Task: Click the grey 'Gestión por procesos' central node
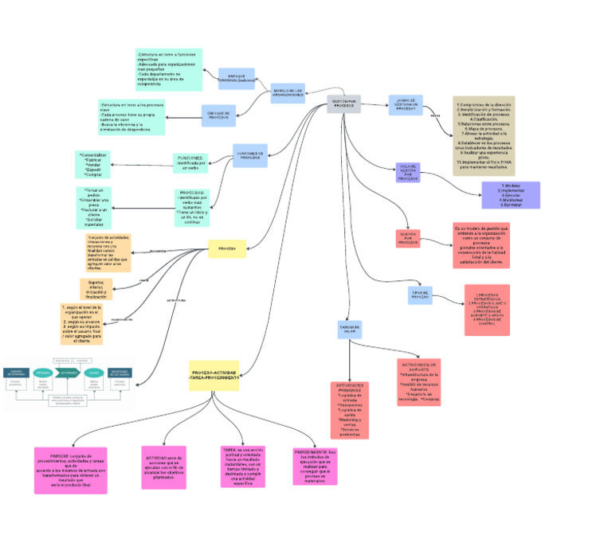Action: [x=343, y=104]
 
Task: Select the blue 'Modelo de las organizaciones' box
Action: [x=288, y=93]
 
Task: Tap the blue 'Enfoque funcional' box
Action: [x=236, y=78]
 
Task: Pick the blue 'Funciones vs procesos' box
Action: [x=250, y=154]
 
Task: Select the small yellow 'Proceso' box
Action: [x=227, y=248]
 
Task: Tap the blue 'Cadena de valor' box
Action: [x=350, y=329]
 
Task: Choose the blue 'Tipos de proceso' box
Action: [x=420, y=295]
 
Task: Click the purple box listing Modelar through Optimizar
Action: [x=511, y=195]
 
